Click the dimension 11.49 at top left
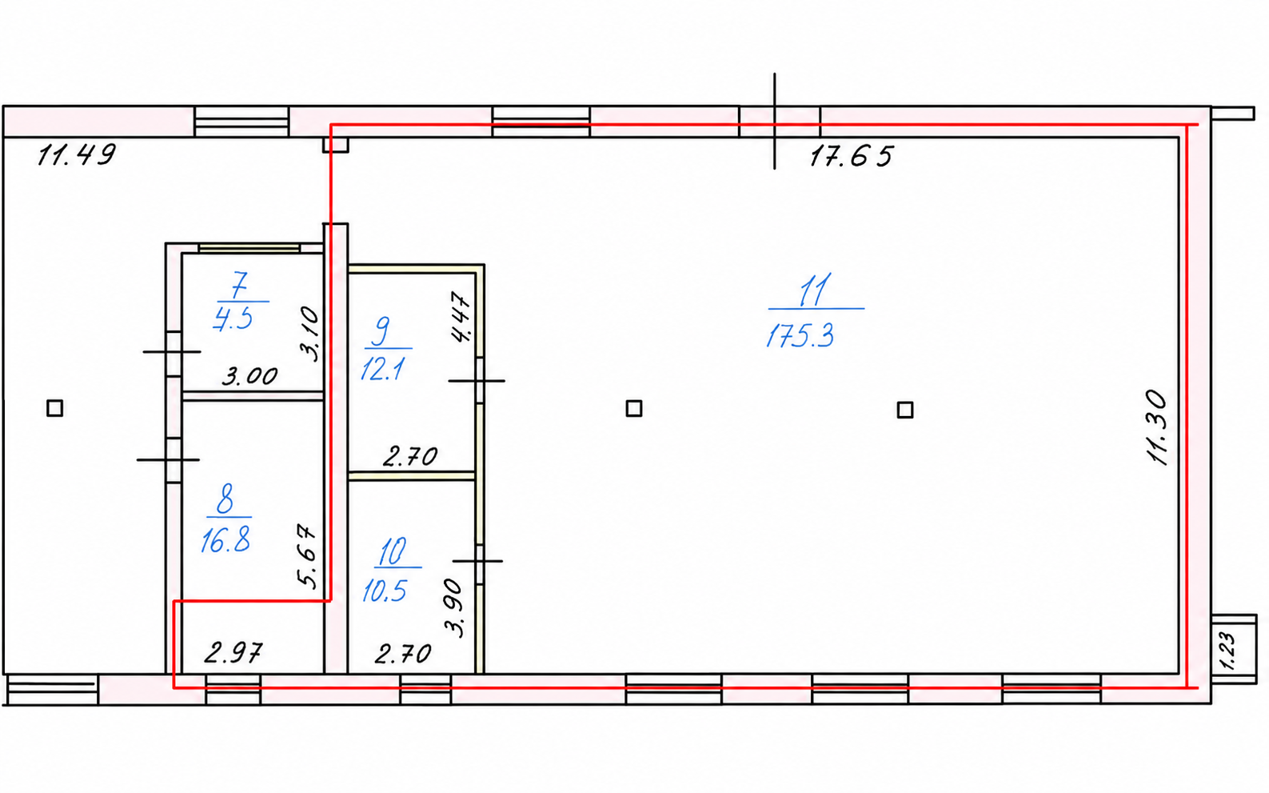[77, 154]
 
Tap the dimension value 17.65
[851, 157]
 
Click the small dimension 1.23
[1226, 651]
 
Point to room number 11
[815, 290]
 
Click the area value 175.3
[800, 336]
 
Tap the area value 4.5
[233, 318]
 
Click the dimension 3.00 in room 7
[249, 376]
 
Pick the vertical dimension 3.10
[310, 334]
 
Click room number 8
[225, 499]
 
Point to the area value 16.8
[225, 540]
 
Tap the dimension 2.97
[233, 653]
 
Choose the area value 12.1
[382, 370]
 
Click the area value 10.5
[385, 591]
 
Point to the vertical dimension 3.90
[453, 607]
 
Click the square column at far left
[55, 408]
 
